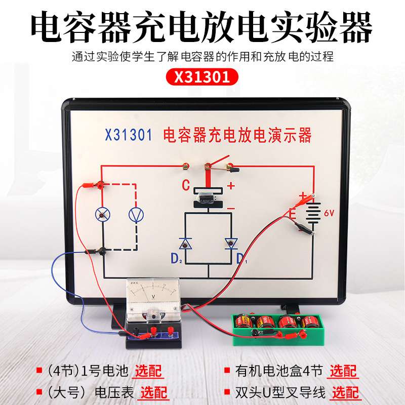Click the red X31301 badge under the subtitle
(x=202, y=77)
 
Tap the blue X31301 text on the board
(x=128, y=136)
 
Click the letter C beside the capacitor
(x=186, y=186)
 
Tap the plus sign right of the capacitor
(x=231, y=186)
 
